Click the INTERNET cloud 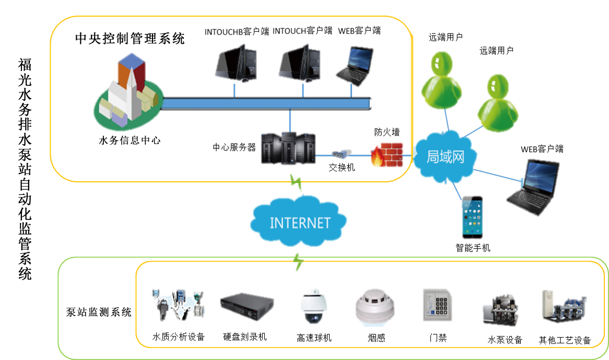299,223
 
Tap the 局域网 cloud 445,156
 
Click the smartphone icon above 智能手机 472,217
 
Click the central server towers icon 288,147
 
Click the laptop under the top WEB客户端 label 357,66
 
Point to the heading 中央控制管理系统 130,38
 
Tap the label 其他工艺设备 565,341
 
